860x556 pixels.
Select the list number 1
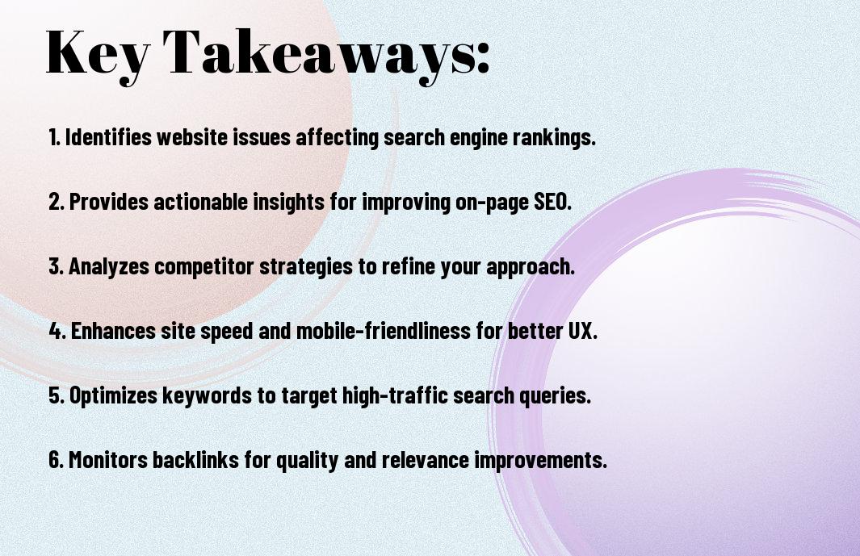[54, 137]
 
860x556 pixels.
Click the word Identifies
[108, 137]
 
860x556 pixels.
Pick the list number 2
[56, 202]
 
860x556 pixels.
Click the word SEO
[553, 202]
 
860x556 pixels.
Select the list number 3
[56, 266]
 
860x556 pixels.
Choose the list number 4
[57, 331]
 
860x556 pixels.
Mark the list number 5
[56, 395]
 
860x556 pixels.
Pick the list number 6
[56, 460]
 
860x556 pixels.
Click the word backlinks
[195, 460]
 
